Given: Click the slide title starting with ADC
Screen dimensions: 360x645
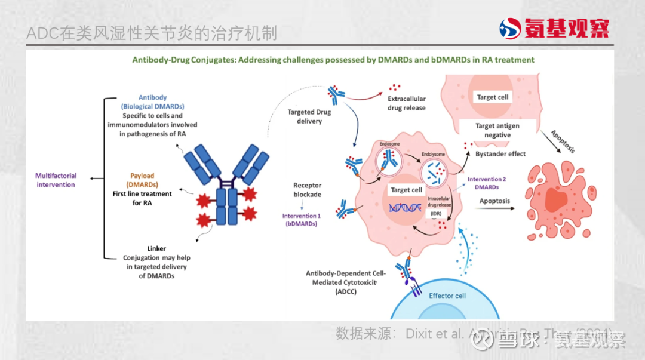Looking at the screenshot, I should pos(152,33).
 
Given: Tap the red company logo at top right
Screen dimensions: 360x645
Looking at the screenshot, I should pos(555,28).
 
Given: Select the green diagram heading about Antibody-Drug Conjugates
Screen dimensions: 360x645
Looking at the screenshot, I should pos(333,60).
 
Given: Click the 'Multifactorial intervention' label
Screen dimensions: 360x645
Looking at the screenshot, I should pos(56,180).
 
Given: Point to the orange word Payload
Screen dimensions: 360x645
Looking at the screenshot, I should pos(142,176).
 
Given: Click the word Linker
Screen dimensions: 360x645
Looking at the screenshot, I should pos(156,248).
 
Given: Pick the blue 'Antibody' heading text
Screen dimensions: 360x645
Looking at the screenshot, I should pos(152,97).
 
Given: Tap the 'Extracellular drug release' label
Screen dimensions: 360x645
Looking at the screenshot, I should pos(407,103).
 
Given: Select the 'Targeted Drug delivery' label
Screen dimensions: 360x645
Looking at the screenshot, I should pos(309,116).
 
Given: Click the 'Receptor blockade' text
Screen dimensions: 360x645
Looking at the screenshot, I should pos(307,190).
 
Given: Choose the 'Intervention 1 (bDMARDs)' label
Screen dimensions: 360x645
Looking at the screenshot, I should pos(301,219).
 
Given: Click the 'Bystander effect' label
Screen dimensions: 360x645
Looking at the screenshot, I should pos(500,153).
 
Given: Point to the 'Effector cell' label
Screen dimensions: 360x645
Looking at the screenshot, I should pos(447,296).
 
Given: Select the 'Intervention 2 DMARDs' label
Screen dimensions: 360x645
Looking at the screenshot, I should pos(487,183).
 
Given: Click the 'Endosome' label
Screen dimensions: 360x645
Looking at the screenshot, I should pos(389,144).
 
